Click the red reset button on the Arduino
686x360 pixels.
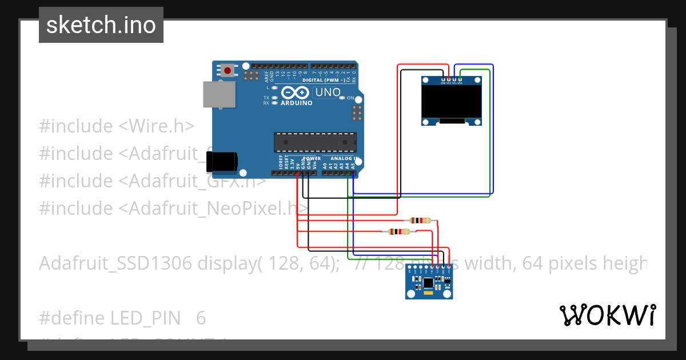click(x=228, y=71)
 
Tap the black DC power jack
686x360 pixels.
click(x=222, y=162)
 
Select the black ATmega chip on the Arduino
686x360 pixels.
click(x=315, y=142)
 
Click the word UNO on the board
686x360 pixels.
click(x=328, y=92)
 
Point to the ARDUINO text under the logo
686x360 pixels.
click(x=296, y=103)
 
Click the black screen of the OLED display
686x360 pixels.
click(x=450, y=102)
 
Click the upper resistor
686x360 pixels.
click(x=421, y=221)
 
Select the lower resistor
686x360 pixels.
click(x=398, y=231)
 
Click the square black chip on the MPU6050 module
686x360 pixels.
click(x=428, y=282)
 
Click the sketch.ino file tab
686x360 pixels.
click(x=101, y=25)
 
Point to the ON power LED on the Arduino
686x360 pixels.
click(x=350, y=98)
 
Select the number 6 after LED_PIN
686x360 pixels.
click(x=201, y=318)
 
